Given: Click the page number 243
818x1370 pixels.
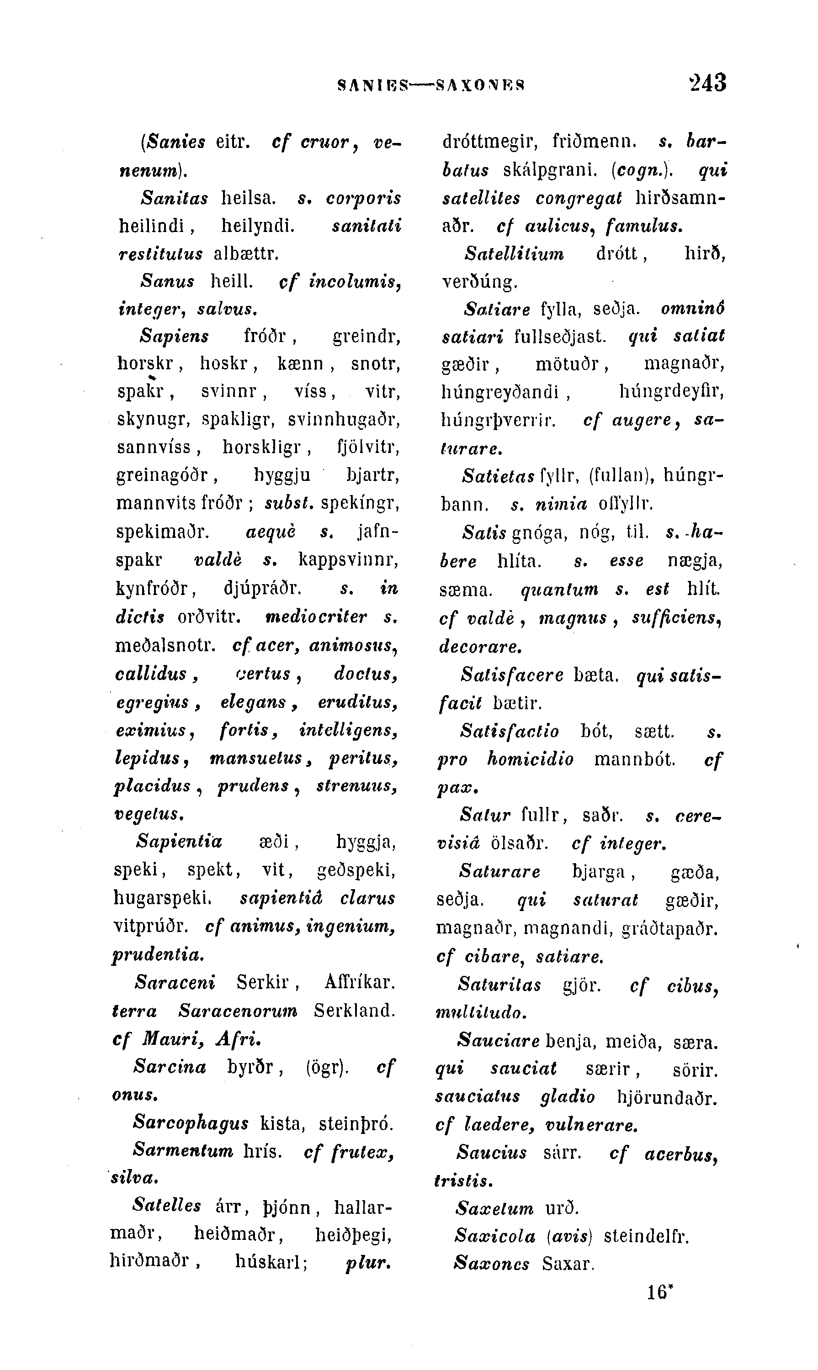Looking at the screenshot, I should click(707, 83).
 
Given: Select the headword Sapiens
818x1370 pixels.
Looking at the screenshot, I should click(175, 336).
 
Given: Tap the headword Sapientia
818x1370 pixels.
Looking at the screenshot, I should click(179, 842).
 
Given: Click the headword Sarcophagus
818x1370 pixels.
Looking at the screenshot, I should click(191, 1122).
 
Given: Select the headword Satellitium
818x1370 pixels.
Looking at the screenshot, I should click(514, 253).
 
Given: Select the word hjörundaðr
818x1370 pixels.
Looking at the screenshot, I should click(668, 1097).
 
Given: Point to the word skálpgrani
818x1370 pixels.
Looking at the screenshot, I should click(550, 170).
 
